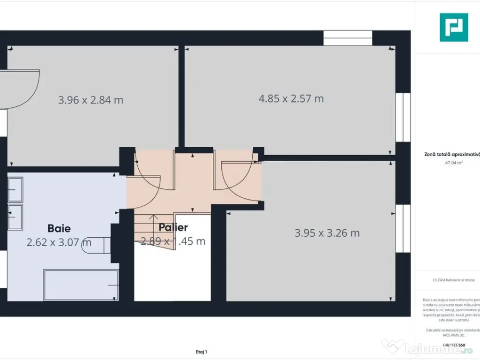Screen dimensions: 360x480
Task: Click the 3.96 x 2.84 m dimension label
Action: pyautogui.click(x=90, y=100)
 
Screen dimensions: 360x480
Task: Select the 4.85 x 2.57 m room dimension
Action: pyautogui.click(x=291, y=98)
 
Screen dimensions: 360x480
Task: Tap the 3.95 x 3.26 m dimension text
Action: pyautogui.click(x=327, y=233)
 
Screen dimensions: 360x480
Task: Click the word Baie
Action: pyautogui.click(x=59, y=228)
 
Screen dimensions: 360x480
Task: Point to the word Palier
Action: pyautogui.click(x=173, y=227)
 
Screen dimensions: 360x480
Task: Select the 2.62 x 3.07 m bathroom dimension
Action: pyautogui.click(x=59, y=242)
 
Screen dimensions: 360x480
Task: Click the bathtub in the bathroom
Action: pyautogui.click(x=81, y=285)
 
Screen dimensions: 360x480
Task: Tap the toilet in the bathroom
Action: pyautogui.click(x=96, y=244)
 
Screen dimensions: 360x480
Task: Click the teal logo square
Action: pyautogui.click(x=453, y=27)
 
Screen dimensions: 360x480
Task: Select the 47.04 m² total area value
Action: pyautogui.click(x=453, y=163)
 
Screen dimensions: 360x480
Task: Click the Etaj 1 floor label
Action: pyautogui.click(x=201, y=352)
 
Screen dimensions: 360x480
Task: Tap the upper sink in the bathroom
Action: pyautogui.click(x=15, y=190)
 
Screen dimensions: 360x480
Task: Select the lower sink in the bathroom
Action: pyautogui.click(x=15, y=216)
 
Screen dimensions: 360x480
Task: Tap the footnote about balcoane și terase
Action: pyautogui.click(x=453, y=280)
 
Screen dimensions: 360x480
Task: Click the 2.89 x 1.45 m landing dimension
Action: pyautogui.click(x=173, y=241)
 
